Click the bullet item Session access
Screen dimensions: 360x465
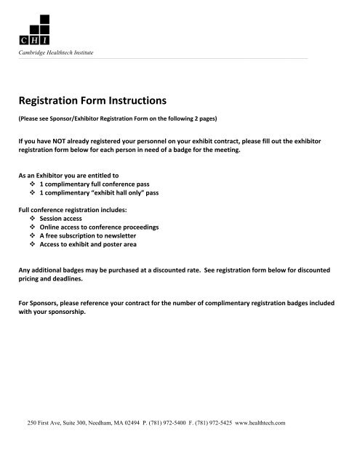click(71, 218)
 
